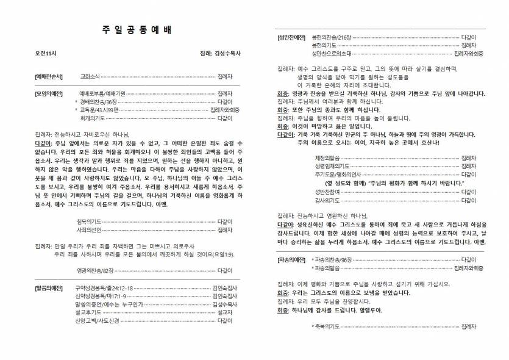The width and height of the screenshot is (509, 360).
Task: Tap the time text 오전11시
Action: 46,54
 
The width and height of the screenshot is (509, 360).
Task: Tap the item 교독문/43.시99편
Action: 101,110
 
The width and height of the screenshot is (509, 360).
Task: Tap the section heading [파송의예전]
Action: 291,259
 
